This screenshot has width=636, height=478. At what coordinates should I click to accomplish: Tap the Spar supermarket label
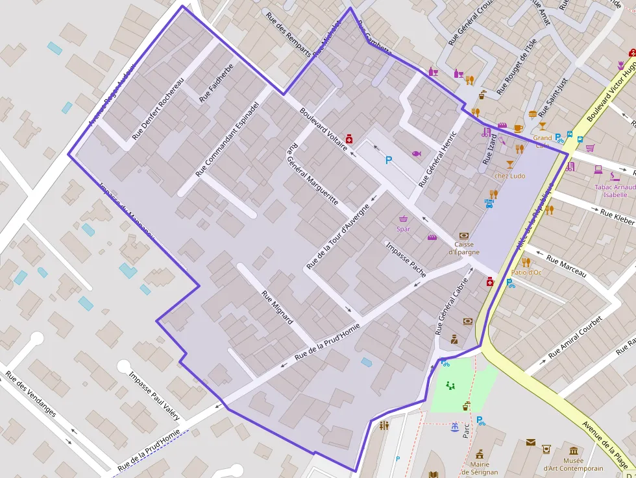(404, 229)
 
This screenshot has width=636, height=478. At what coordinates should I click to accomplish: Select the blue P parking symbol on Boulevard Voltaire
(389, 160)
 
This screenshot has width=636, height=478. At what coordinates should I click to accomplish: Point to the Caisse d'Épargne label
(463, 248)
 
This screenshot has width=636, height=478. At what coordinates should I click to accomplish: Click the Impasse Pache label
(406, 259)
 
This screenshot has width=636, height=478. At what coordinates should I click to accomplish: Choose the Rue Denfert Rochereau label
(158, 109)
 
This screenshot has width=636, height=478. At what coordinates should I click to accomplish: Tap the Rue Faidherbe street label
(216, 83)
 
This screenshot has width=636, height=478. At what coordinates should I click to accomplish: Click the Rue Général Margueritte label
(312, 174)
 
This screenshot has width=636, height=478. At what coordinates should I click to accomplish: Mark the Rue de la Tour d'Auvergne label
(338, 237)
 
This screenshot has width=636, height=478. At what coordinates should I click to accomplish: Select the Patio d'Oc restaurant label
(526, 272)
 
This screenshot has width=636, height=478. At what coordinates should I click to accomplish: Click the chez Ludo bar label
(509, 176)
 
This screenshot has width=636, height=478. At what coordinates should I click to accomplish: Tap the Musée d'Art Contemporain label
(573, 464)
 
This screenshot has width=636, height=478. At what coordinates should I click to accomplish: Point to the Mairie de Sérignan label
(480, 468)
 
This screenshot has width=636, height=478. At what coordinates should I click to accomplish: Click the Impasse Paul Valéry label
(154, 396)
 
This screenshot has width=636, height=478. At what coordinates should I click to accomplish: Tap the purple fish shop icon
(416, 154)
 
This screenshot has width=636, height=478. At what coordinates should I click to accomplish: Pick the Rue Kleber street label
(617, 217)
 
